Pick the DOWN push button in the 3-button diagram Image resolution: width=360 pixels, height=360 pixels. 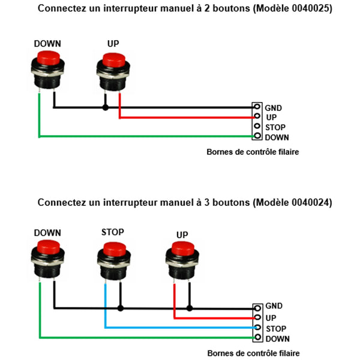[48, 256]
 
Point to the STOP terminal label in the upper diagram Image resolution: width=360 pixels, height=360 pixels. [275, 127]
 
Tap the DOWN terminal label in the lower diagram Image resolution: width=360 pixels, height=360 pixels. [277, 338]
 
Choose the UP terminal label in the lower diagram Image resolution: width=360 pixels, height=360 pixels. [271, 317]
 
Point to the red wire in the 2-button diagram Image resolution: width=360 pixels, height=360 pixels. [186, 117]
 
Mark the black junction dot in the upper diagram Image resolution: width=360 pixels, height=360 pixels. [106, 108]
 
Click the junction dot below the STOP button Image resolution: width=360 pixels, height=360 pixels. [121, 308]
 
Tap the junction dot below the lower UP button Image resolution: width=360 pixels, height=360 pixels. [190, 308]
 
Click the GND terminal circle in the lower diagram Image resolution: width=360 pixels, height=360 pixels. [257, 307]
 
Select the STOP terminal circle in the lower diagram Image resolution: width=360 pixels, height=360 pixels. [257, 328]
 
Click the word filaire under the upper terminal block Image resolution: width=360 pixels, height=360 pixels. [286, 152]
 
